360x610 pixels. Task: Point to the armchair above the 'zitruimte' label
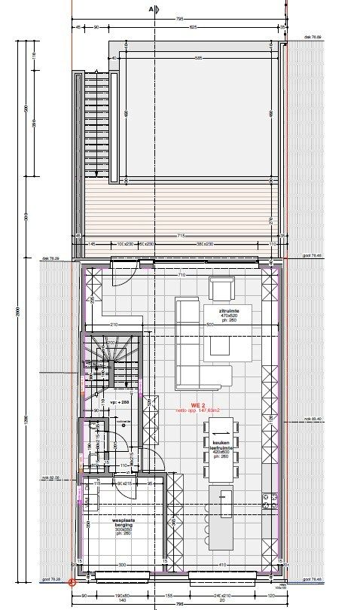222,288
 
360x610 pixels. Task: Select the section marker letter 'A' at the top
151,9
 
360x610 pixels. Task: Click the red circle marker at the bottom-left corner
72,581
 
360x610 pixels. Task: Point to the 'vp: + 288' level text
121,403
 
